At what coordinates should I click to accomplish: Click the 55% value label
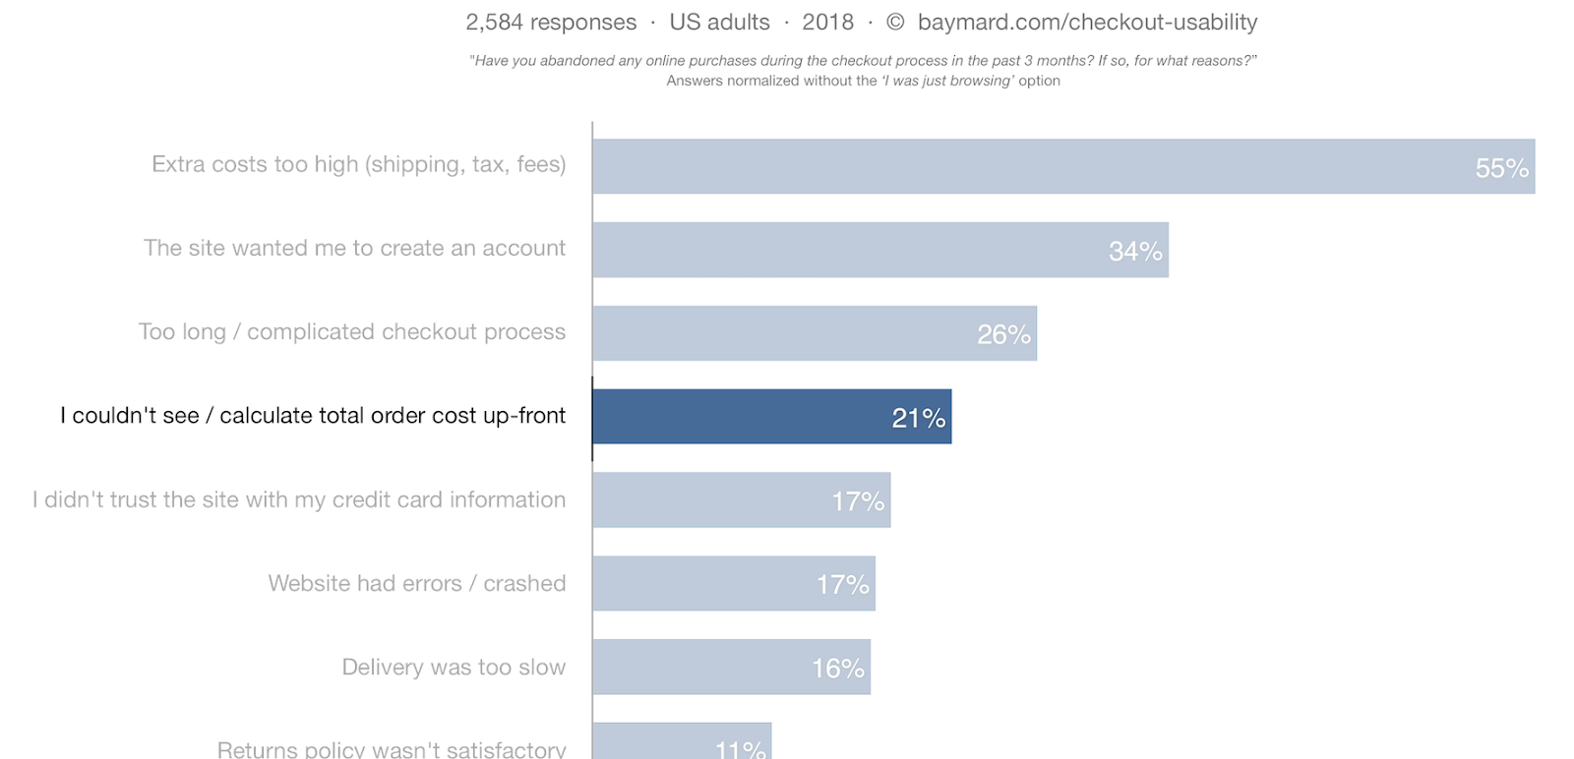1501,168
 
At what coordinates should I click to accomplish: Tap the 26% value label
1003,335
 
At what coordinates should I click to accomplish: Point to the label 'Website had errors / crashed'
416,583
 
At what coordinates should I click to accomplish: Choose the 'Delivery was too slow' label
454,667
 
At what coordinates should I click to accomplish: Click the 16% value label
837,669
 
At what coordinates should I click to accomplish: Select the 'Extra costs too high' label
358,164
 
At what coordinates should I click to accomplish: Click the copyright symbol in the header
895,22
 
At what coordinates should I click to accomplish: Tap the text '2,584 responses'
551,22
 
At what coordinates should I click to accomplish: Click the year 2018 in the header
827,22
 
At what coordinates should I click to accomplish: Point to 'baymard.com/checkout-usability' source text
1087,22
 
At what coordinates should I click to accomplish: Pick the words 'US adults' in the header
719,22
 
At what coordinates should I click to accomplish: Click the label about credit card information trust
298,499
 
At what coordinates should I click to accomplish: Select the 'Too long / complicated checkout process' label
351,331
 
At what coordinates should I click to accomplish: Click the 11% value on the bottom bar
740,749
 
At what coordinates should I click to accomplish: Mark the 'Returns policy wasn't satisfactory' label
391,749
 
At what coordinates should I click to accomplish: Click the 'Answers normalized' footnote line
863,81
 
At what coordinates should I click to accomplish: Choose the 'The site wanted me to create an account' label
354,248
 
